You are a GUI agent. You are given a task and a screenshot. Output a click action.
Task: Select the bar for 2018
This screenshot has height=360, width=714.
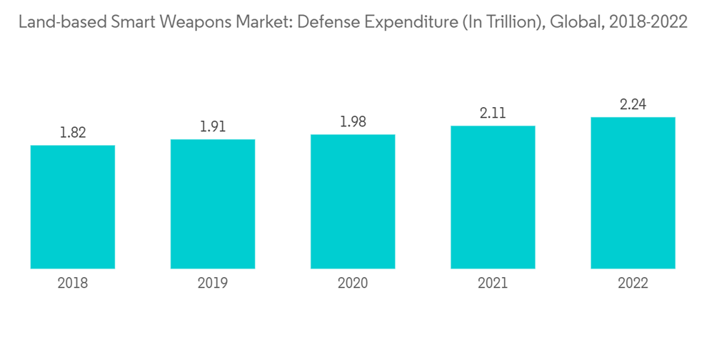pos(73,207)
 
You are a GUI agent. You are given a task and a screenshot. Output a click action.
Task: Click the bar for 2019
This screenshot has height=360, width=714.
pos(213,204)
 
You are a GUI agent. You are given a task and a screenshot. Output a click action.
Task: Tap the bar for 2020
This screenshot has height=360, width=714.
pos(353,201)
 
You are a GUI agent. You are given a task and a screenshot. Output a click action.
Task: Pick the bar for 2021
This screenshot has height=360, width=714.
pos(493,197)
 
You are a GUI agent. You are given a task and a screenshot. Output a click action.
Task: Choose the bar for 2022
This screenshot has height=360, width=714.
pos(633,193)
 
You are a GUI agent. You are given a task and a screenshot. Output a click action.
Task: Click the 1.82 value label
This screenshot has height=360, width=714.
pos(73,132)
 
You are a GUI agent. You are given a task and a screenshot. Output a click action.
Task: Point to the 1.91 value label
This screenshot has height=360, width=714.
pos(213,126)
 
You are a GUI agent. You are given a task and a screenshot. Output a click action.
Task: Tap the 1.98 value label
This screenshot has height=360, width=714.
pos(353,121)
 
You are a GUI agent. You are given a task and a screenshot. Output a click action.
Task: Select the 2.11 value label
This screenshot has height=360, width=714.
pos(493,113)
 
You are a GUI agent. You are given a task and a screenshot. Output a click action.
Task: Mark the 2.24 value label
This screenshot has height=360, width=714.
pos(633,104)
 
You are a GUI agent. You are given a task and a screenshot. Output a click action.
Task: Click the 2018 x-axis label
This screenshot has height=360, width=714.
pos(73,284)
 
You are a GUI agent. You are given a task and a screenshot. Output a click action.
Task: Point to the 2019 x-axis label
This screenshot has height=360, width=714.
pos(213,284)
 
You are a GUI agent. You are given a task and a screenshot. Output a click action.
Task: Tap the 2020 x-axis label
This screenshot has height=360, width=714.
pos(353,284)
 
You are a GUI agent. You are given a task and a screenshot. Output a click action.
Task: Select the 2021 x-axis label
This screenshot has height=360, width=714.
pos(493,284)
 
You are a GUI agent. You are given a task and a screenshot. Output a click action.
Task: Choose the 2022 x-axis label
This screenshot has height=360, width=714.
pos(633,284)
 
